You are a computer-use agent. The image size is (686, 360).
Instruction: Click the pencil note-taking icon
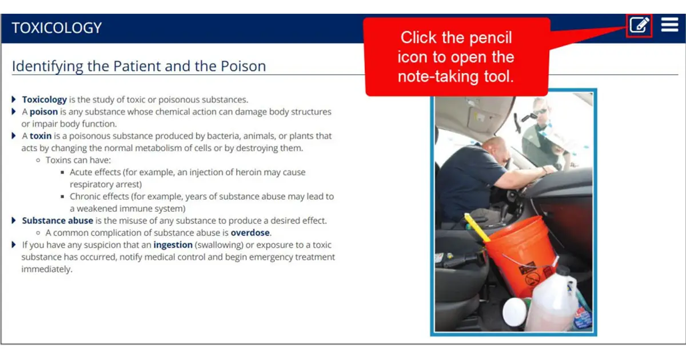click(639, 25)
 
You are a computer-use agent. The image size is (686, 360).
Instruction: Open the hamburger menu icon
click(669, 25)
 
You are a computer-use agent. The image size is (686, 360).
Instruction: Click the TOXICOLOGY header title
click(57, 28)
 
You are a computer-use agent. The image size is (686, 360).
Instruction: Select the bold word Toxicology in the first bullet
click(45, 99)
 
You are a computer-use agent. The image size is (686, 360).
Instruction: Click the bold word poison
click(43, 112)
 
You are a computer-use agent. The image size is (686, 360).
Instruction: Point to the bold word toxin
click(41, 136)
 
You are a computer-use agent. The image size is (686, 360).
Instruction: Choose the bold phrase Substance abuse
click(57, 221)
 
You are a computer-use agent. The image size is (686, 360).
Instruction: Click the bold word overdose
click(250, 233)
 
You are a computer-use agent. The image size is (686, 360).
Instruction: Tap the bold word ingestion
click(173, 245)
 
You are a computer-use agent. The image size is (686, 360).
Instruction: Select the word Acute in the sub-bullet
click(82, 172)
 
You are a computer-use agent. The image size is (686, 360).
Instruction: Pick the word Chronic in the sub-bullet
click(86, 197)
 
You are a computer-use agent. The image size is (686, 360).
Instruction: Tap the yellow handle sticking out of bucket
click(477, 227)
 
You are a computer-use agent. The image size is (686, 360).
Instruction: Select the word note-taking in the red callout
click(439, 76)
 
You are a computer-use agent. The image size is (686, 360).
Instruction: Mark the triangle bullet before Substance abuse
click(14, 221)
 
